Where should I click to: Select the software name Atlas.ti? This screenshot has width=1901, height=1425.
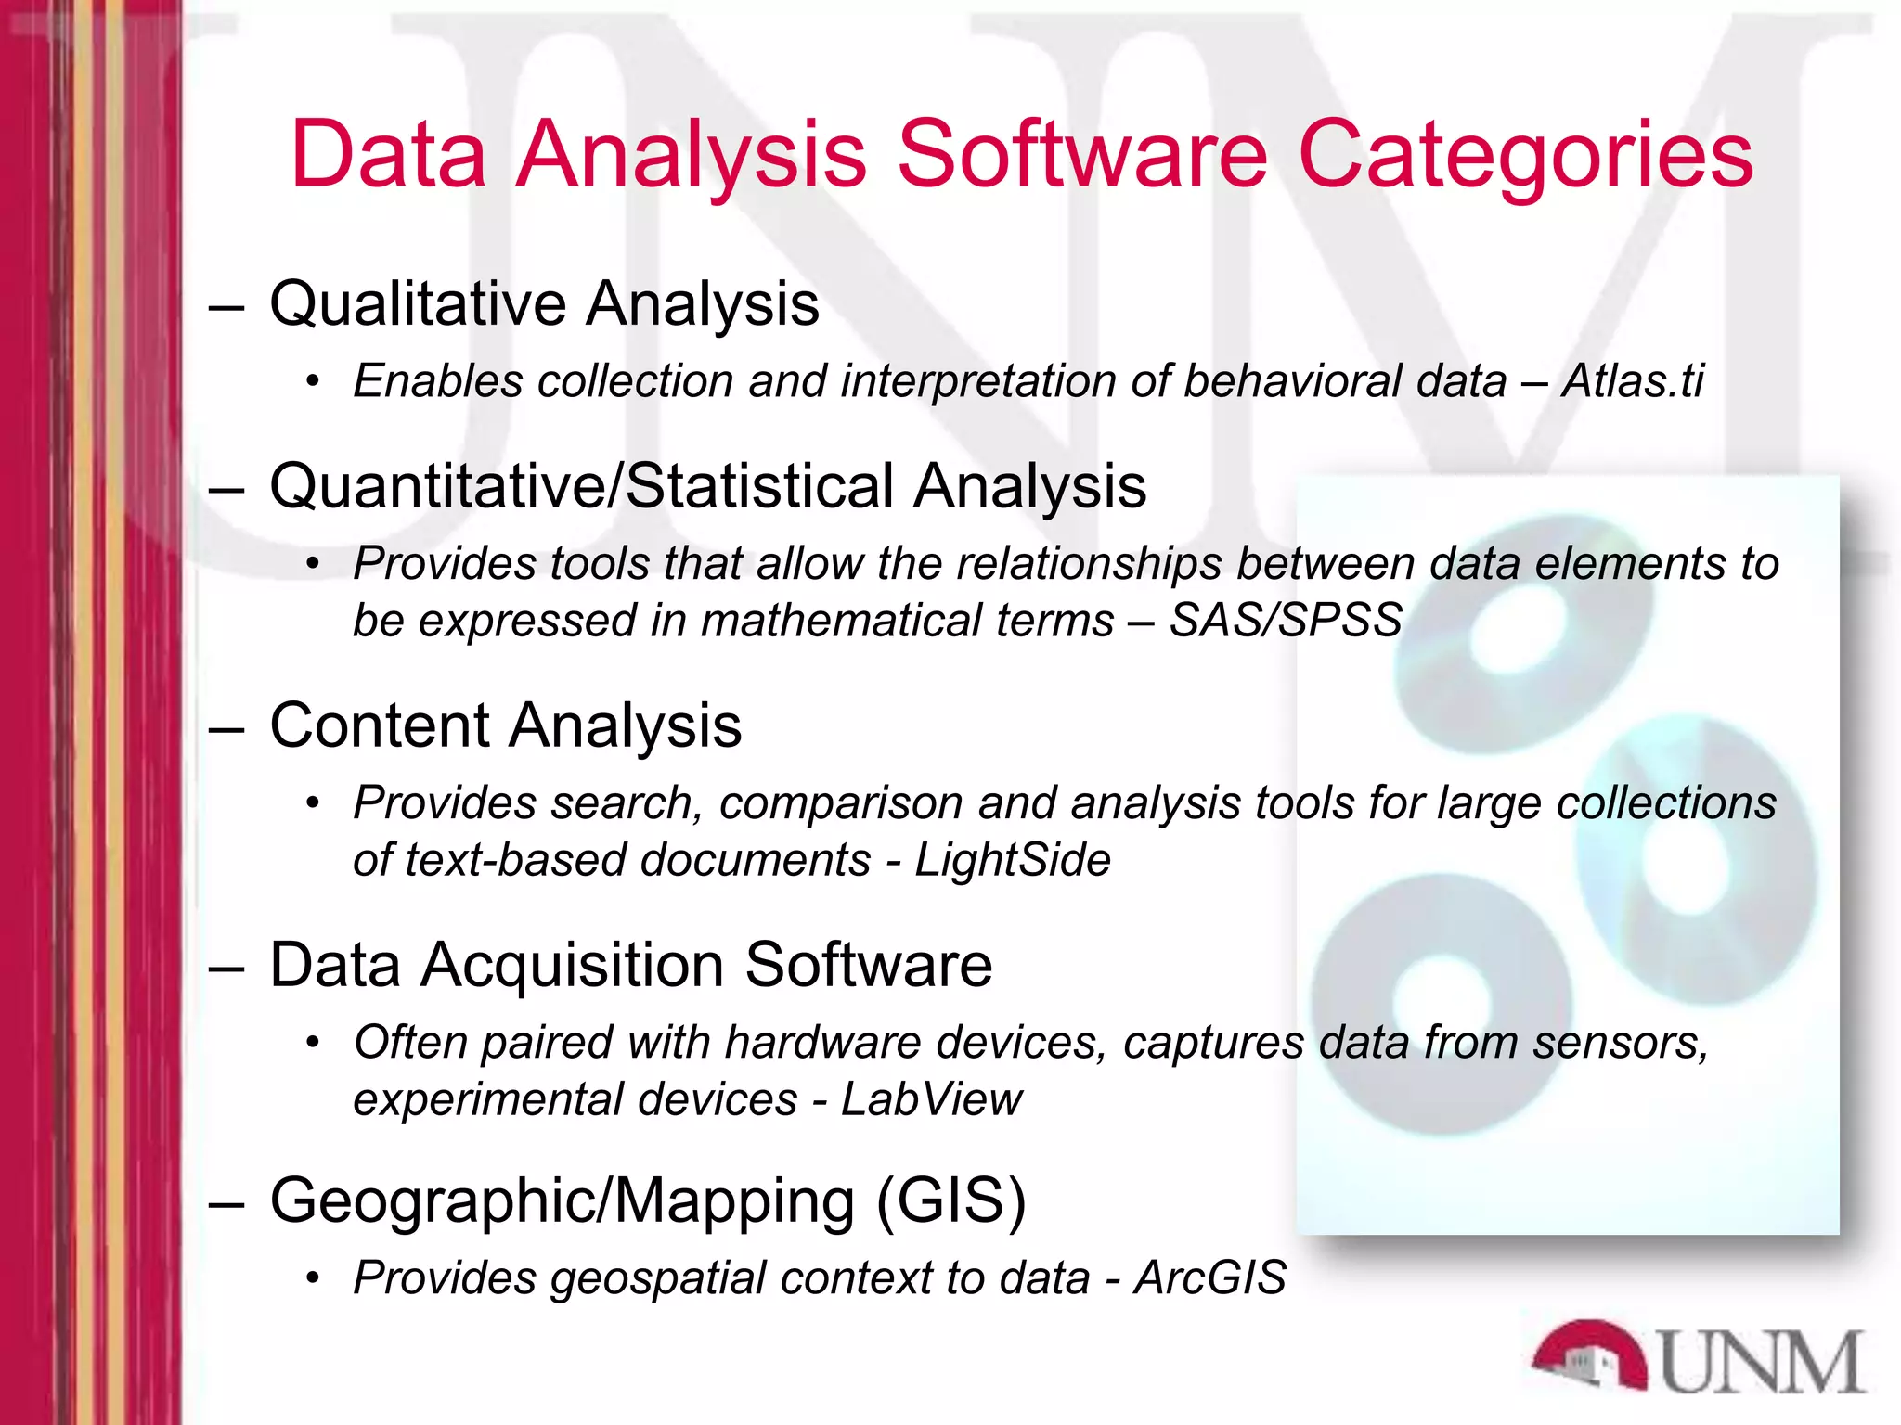pyautogui.click(x=1633, y=380)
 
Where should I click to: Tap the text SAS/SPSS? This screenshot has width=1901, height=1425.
pyautogui.click(x=1286, y=620)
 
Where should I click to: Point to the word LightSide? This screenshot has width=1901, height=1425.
pyautogui.click(x=1013, y=859)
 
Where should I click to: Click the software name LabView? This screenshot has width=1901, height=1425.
pyautogui.click(x=931, y=1099)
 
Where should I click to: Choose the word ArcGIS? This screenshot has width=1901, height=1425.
pyautogui.click(x=1209, y=1277)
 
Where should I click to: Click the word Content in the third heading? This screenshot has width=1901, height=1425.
pyautogui.click(x=380, y=725)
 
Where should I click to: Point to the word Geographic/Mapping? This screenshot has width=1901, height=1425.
pyautogui.click(x=563, y=1200)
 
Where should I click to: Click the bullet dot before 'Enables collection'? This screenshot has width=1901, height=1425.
pyautogui.click(x=314, y=381)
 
